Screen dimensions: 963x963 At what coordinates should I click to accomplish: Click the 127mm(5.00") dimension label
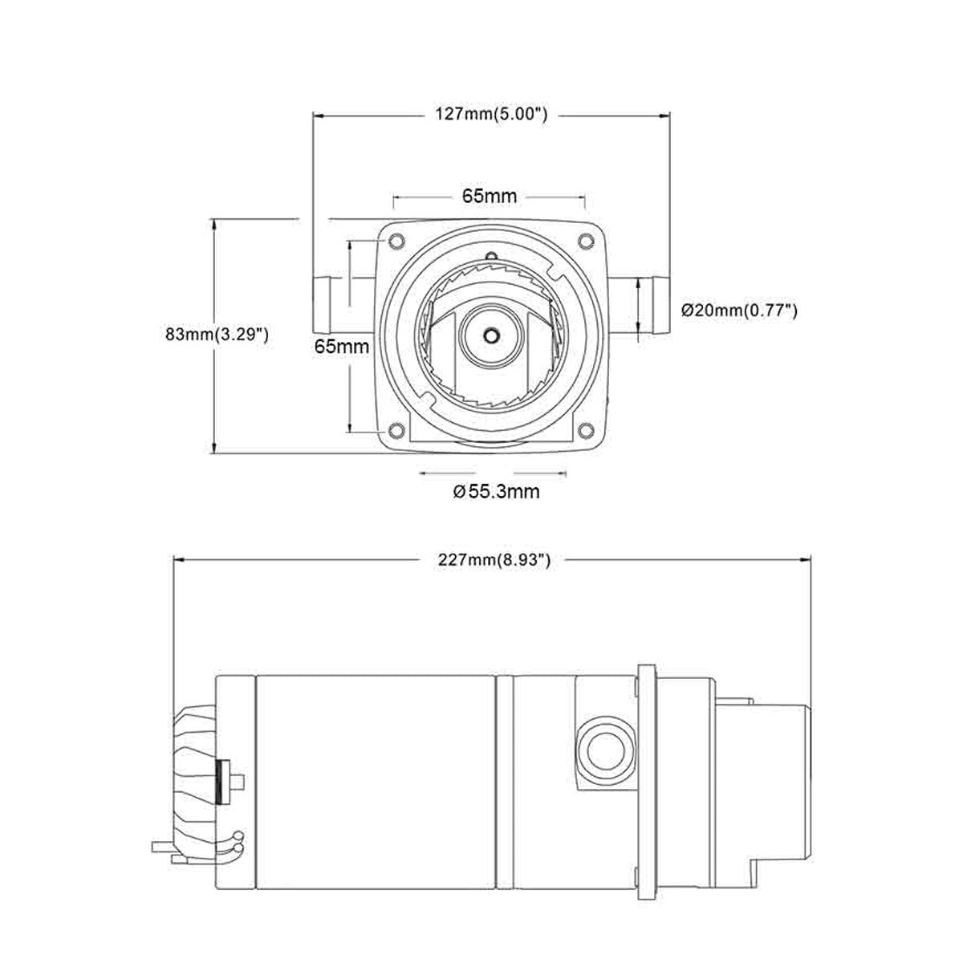coord(491,115)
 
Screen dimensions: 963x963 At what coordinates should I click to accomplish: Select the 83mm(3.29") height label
coord(216,335)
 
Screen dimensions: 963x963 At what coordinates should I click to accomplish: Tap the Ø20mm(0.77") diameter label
coord(739,311)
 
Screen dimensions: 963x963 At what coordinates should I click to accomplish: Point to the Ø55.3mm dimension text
coord(496,491)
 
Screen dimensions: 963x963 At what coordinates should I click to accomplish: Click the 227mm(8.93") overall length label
coord(494,559)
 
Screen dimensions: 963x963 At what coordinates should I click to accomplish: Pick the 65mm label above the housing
coord(490,196)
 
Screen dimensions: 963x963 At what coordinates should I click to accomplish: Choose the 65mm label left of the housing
coord(342,347)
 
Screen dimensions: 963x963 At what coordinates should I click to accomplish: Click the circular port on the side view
coord(601,749)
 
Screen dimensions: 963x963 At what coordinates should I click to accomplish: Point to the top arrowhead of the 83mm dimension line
coord(213,224)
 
